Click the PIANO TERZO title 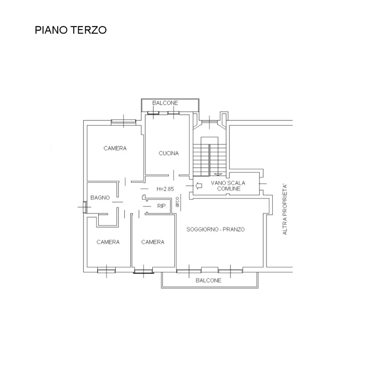[71, 30]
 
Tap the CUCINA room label [168, 154]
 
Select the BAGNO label [100, 198]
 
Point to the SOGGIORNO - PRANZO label [216, 229]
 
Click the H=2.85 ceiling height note [165, 189]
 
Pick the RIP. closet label [162, 206]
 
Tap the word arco [177, 202]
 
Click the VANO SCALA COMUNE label [228, 186]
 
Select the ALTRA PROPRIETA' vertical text [285, 209]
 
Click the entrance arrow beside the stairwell [199, 185]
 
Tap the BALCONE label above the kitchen [165, 103]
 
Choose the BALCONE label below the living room [209, 281]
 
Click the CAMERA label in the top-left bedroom [115, 148]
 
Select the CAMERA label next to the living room [153, 242]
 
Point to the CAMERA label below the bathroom [108, 242]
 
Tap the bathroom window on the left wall [84, 207]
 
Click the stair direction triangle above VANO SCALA [218, 175]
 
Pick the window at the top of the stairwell [209, 122]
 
